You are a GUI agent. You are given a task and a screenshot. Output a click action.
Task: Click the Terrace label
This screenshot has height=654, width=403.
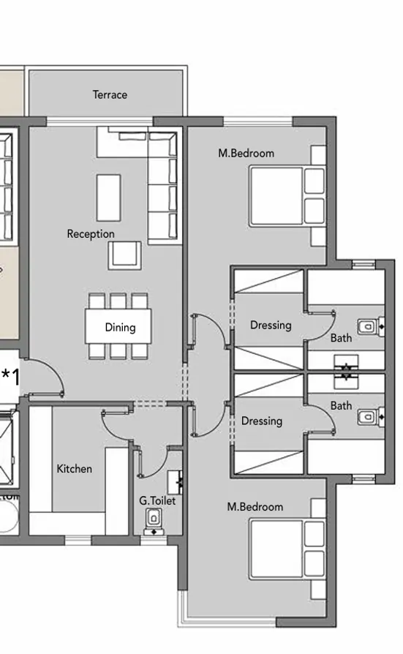pyautogui.click(x=110, y=94)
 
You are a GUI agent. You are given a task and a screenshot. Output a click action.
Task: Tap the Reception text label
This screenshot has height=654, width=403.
pyautogui.click(x=91, y=234)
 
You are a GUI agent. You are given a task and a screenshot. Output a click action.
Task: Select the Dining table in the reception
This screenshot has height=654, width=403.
pyautogui.click(x=120, y=327)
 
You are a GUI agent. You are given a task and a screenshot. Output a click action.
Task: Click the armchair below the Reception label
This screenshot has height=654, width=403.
pyautogui.click(x=123, y=255)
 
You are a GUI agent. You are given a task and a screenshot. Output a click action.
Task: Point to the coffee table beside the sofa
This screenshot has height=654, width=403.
pyautogui.click(x=109, y=198)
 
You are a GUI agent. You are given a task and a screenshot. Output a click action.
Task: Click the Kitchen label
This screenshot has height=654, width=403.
pyautogui.click(x=75, y=468)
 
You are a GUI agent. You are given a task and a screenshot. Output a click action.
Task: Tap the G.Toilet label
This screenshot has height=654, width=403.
pyautogui.click(x=157, y=501)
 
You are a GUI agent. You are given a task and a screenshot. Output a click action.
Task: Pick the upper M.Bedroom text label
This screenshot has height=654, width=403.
pyautogui.click(x=246, y=154)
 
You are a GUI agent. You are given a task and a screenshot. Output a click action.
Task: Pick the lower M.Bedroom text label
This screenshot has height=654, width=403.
pyautogui.click(x=255, y=507)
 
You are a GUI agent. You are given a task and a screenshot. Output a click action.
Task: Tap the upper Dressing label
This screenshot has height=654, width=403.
pyautogui.click(x=271, y=325)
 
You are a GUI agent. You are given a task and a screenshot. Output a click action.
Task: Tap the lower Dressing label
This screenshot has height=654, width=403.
pyautogui.click(x=262, y=421)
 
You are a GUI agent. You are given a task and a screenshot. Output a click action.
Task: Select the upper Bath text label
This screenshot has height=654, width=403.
pyautogui.click(x=341, y=338)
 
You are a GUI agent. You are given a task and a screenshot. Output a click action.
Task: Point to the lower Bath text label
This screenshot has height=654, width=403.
pyautogui.click(x=341, y=405)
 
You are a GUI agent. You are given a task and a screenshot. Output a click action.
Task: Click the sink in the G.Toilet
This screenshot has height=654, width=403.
pyautogui.click(x=176, y=481)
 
